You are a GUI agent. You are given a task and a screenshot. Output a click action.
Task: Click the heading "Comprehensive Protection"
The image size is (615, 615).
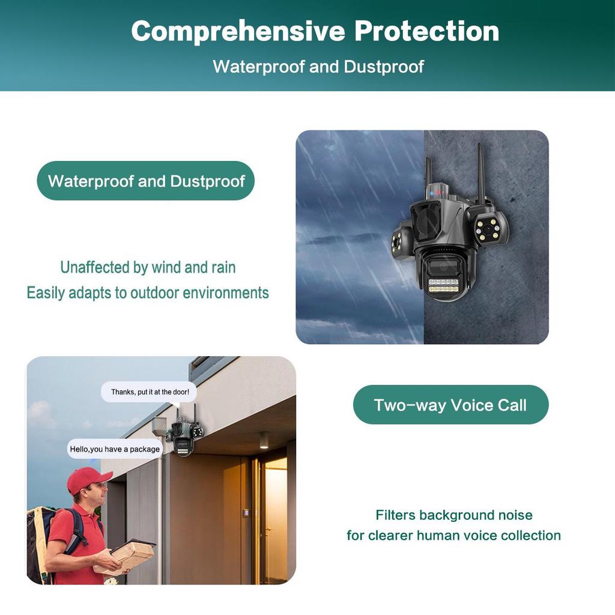(315, 31)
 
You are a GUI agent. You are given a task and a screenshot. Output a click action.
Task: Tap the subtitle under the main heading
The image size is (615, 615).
(318, 66)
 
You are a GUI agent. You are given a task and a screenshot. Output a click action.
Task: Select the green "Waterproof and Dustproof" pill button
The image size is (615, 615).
(146, 181)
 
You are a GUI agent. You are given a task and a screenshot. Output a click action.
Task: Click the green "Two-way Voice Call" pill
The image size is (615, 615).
(450, 405)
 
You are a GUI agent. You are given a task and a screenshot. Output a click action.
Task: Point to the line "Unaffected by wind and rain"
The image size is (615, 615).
(148, 267)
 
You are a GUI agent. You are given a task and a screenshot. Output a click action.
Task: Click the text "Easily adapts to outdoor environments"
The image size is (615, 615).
(148, 293)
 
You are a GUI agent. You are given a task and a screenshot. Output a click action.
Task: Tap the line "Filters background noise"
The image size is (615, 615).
(454, 515)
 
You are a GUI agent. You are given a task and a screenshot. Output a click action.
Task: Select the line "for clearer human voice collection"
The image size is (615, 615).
(454, 535)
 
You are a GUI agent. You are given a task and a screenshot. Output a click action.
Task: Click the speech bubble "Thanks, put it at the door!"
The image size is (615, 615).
(150, 392)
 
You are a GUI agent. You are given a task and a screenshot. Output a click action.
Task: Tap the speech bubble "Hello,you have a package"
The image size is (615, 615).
(115, 449)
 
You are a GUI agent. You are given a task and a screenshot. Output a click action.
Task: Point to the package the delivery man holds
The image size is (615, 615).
(130, 555)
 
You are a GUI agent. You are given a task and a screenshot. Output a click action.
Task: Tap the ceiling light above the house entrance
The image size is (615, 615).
(264, 439)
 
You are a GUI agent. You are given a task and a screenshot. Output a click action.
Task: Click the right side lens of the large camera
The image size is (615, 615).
(488, 228)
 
